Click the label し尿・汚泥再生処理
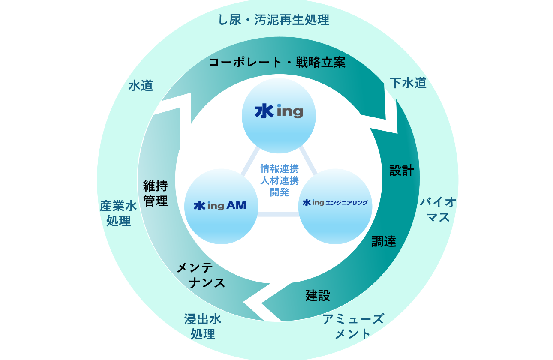tap(274, 20)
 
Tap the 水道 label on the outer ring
tap(141, 86)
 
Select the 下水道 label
tap(408, 83)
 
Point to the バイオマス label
tap(438, 210)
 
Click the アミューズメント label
tap(353, 326)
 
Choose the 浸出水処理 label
tap(203, 326)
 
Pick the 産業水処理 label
tap(118, 213)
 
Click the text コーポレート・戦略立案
tap(276, 63)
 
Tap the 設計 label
tap(401, 171)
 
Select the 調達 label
tap(383, 241)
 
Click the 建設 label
tap(318, 295)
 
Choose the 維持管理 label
tap(156, 193)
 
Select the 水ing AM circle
tap(221, 206)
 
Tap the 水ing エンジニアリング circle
tap(335, 206)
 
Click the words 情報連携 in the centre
tap(280, 168)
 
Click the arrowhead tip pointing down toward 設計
tap(397, 132)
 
